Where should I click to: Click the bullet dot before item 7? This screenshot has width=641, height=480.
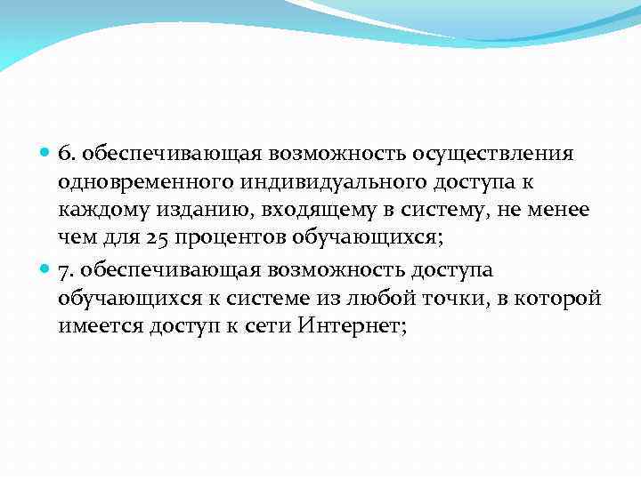[45, 268]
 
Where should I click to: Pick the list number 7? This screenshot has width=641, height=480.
[65, 268]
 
